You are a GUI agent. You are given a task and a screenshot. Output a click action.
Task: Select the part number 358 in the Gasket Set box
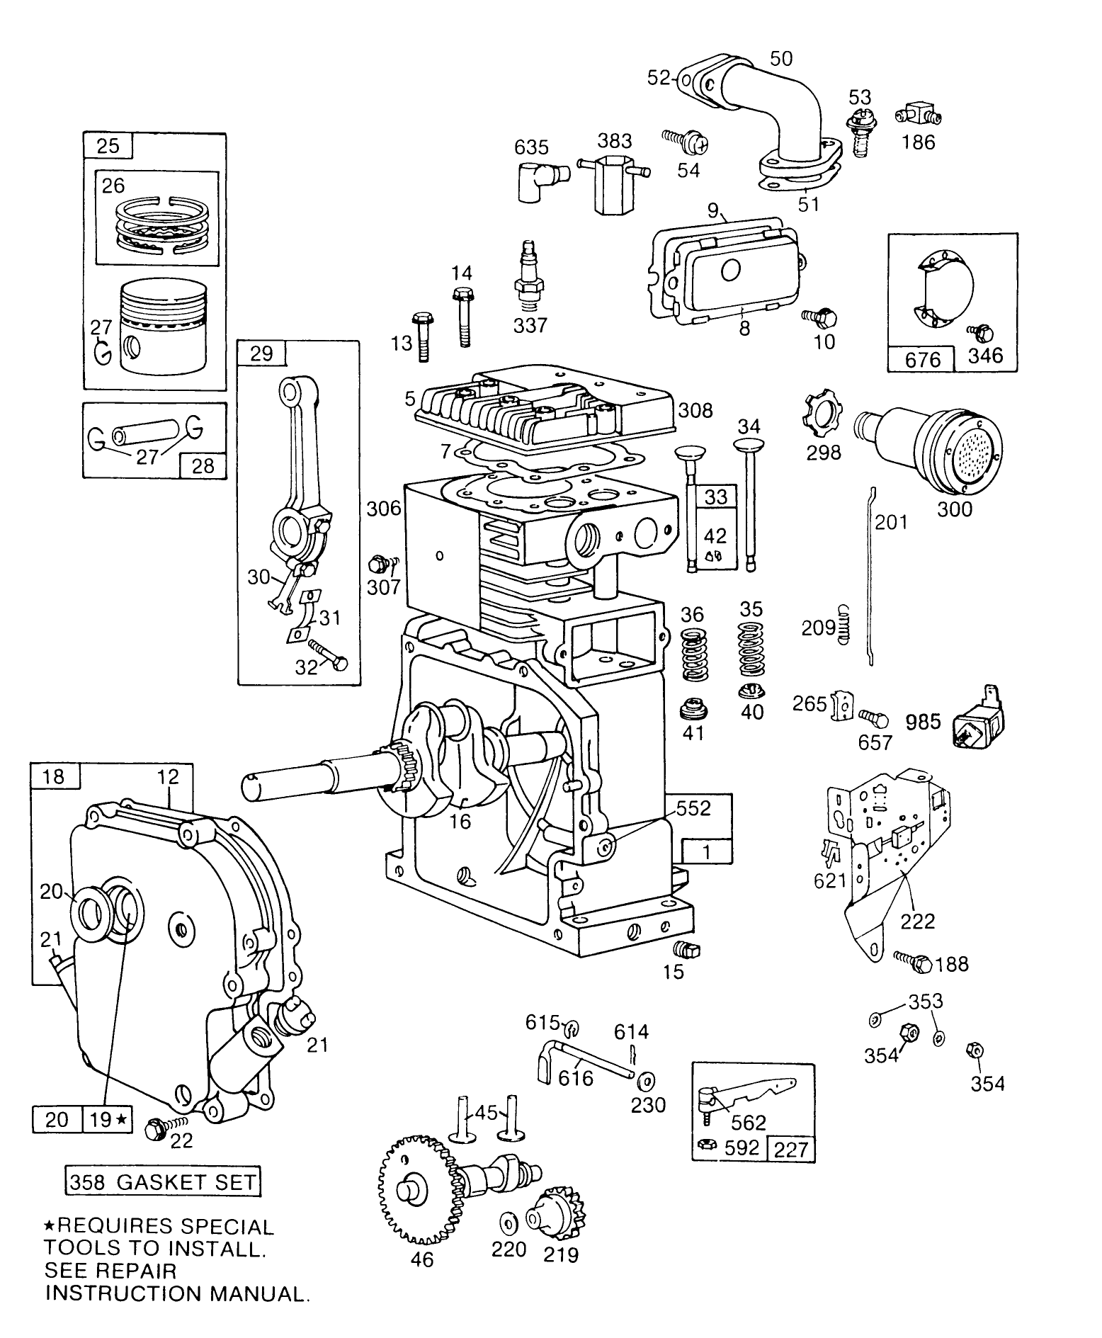tap(87, 1181)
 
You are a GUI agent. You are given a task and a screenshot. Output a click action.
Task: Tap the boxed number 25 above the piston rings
tap(108, 146)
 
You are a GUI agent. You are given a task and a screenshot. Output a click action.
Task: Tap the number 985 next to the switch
tap(924, 722)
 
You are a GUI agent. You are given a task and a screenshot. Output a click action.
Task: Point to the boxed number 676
tap(923, 360)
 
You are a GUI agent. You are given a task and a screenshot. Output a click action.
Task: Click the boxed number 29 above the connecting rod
tap(261, 353)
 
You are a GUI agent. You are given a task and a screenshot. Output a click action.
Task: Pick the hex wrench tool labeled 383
tap(614, 181)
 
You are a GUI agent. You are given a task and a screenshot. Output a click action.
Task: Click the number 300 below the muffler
tap(954, 509)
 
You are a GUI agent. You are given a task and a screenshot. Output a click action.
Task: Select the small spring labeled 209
tap(843, 623)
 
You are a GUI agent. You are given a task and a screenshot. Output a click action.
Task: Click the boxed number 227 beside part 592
tap(791, 1148)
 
